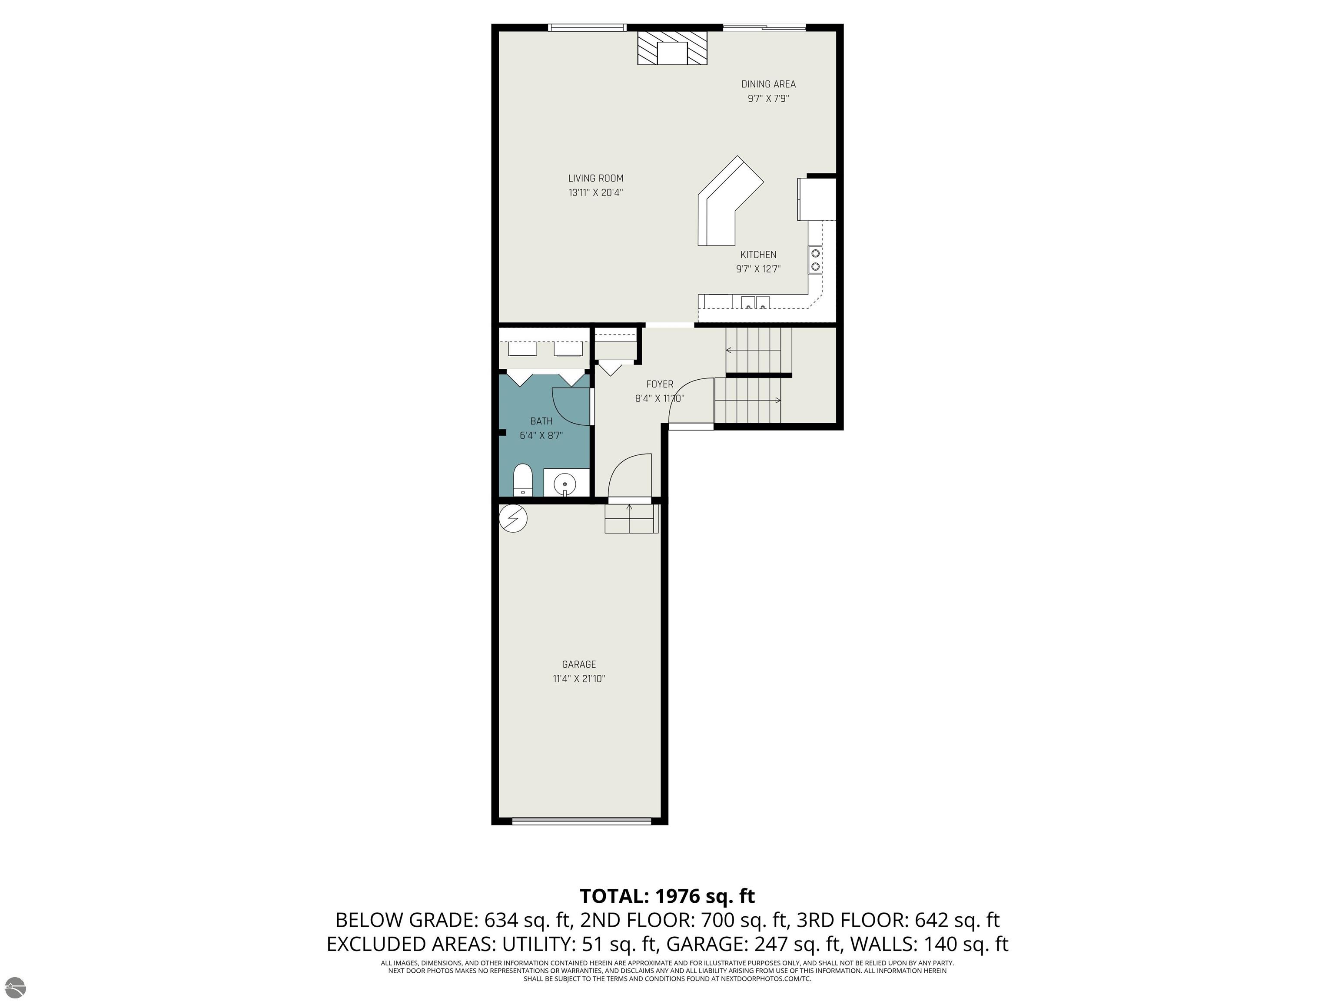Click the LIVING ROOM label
[x=596, y=178]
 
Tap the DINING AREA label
[x=768, y=84]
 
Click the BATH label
[x=541, y=421]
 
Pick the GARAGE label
[x=579, y=664]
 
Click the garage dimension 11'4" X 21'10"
[x=579, y=679]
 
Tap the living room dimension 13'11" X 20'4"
[x=596, y=192]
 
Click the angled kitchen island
[x=730, y=202]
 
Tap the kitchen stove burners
[x=815, y=260]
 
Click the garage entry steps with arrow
[x=631, y=518]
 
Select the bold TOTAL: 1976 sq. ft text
[x=667, y=896]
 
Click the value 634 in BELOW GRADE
[x=501, y=920]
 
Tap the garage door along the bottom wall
[x=582, y=821]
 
